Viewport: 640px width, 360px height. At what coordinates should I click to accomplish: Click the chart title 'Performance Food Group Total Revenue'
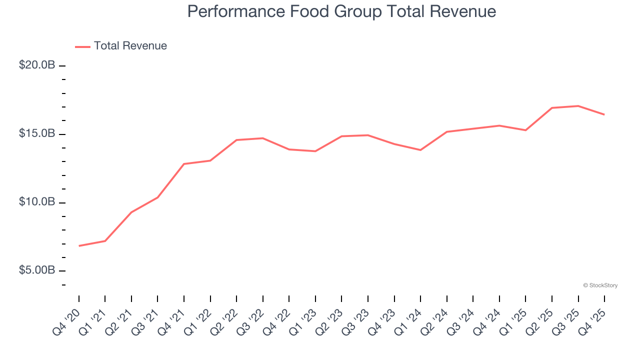[341, 11]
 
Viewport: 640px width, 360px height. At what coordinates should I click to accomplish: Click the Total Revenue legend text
[130, 46]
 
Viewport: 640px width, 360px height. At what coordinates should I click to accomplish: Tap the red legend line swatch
[82, 46]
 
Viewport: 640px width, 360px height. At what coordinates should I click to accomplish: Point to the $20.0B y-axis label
[37, 65]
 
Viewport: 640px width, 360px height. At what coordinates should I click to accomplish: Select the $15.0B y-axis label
[37, 134]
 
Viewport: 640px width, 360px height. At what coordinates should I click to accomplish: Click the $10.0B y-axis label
[37, 202]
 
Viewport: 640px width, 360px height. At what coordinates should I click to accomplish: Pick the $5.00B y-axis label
[37, 270]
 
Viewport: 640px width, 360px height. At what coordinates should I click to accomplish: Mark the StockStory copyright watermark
[600, 285]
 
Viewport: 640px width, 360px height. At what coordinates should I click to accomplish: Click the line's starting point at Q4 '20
[79, 246]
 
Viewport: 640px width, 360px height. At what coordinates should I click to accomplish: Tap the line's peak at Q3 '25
[578, 106]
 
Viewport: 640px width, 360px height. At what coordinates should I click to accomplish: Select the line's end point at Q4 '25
[604, 114]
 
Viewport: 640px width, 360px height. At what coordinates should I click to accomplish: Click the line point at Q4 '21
[184, 164]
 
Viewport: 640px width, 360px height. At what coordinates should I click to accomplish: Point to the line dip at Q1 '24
[420, 150]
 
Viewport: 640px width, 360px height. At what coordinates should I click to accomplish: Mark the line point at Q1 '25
[525, 130]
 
